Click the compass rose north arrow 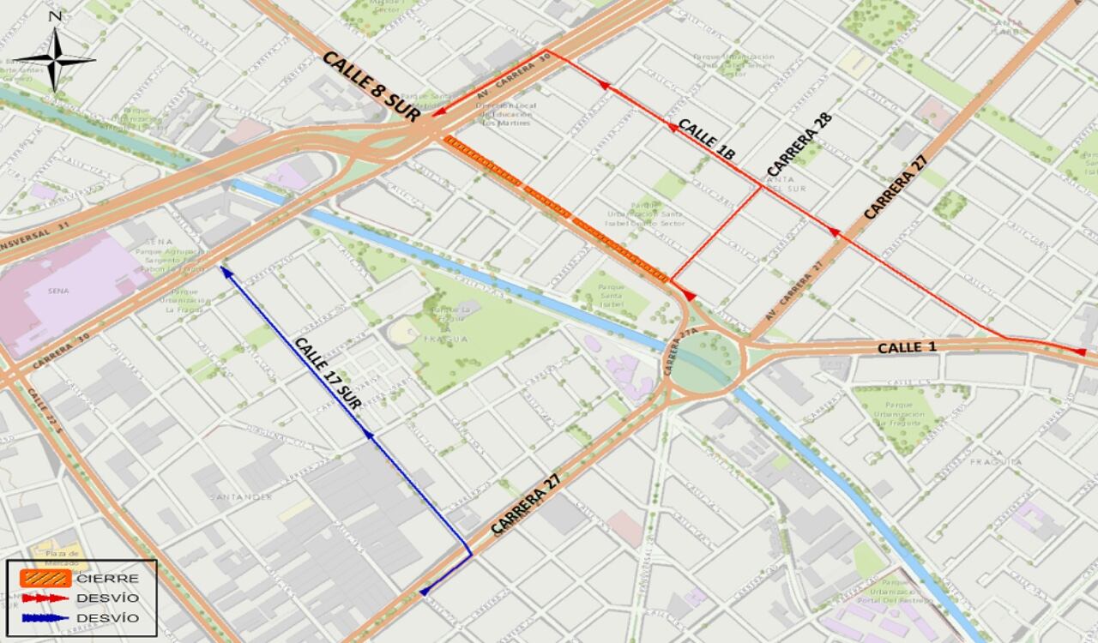click(x=55, y=58)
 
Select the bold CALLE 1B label click(x=706, y=140)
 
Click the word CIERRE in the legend click(x=107, y=579)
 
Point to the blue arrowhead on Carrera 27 click(x=425, y=591)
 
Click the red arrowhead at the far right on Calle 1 click(x=1080, y=352)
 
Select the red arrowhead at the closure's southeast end click(x=689, y=296)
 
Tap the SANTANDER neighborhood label click(x=240, y=496)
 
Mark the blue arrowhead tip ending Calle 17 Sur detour click(x=223, y=269)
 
